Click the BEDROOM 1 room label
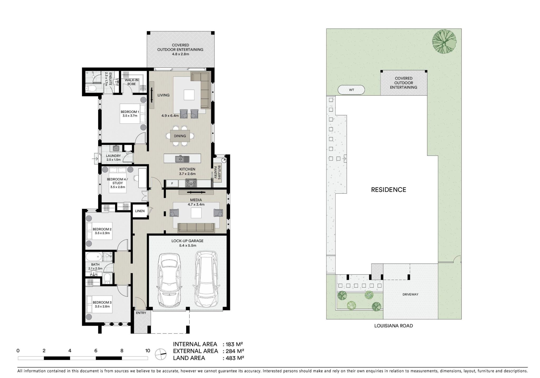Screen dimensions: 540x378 coord(130,112)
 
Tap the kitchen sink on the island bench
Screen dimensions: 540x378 coord(182,159)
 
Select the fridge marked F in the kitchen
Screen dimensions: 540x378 coord(172,183)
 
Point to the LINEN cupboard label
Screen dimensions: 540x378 coord(140,211)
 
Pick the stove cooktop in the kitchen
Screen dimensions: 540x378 coord(191,183)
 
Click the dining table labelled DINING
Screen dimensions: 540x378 coord(180,136)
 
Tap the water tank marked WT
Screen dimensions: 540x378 coord(351,90)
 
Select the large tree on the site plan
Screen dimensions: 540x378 coord(444,42)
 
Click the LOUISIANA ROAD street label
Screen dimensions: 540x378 coord(394,326)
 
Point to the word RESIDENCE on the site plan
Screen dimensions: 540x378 coord(388,190)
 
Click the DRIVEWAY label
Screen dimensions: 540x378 coord(410,294)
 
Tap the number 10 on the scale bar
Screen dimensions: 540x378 coord(148,351)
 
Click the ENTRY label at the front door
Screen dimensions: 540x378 coord(141,313)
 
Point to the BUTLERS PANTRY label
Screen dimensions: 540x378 coord(217,173)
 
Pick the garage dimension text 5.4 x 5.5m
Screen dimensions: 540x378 coord(187,245)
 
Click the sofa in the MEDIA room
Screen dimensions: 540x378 coord(196,228)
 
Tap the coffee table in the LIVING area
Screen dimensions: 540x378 coord(189,95)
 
